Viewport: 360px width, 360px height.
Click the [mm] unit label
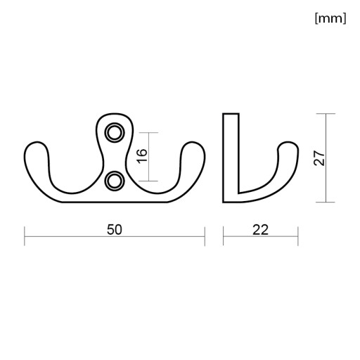[330, 18]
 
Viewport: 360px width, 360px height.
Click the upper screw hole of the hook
[115, 133]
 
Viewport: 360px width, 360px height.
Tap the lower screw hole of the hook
[115, 181]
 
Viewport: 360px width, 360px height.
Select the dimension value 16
[142, 156]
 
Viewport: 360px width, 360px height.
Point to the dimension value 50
[115, 230]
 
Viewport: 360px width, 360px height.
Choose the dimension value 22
[260, 230]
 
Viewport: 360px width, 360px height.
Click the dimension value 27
[319, 158]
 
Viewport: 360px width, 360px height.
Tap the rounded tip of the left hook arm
[37, 143]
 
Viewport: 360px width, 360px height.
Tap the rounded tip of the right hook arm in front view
[193, 143]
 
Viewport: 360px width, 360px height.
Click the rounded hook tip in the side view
[288, 143]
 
